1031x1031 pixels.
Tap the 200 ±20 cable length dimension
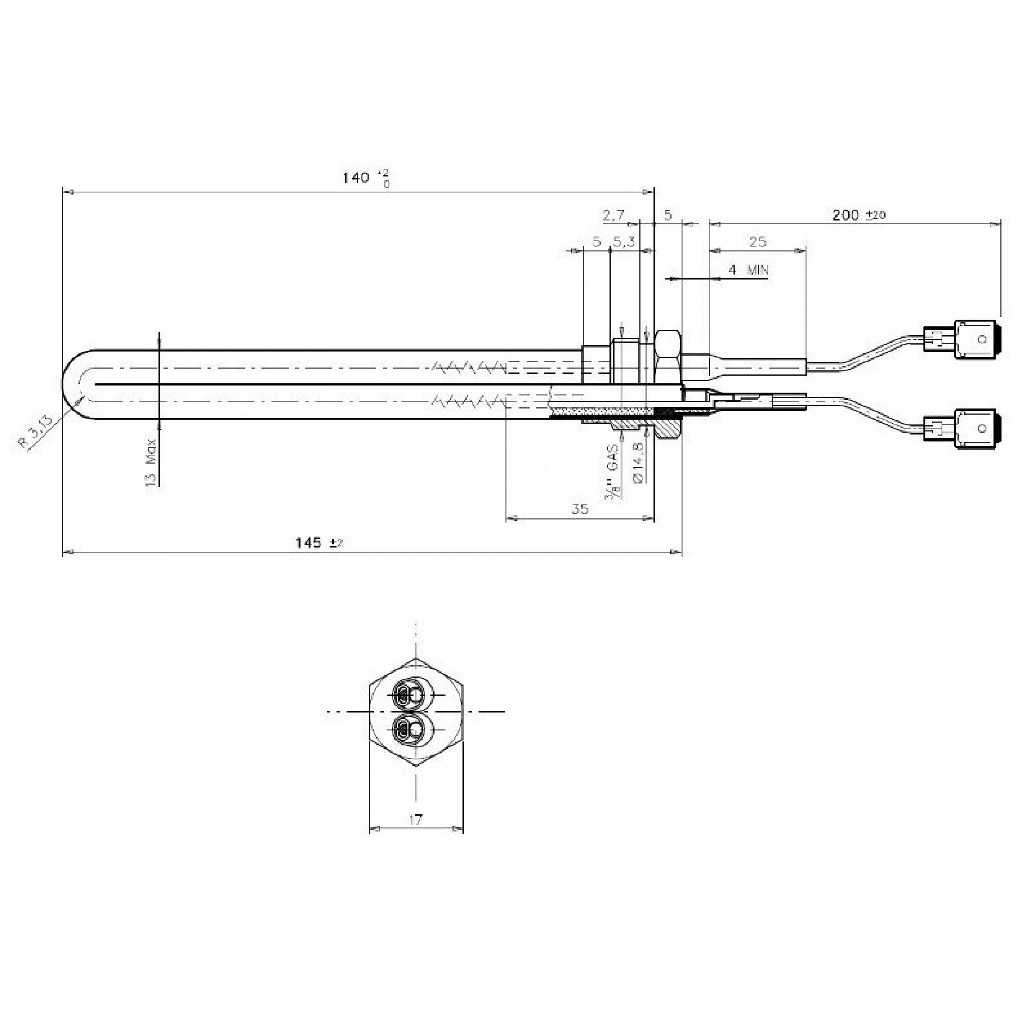pyautogui.click(x=859, y=215)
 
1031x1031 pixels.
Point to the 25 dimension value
pyautogui.click(x=757, y=242)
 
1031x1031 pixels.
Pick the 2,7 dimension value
pyautogui.click(x=613, y=215)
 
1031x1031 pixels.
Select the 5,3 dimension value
pyautogui.click(x=623, y=242)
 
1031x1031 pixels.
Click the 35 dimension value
pyautogui.click(x=579, y=509)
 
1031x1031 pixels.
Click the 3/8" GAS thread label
pyautogui.click(x=612, y=473)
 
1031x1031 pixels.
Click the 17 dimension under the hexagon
pyautogui.click(x=415, y=819)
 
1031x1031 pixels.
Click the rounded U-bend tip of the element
pyautogui.click(x=72, y=384)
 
